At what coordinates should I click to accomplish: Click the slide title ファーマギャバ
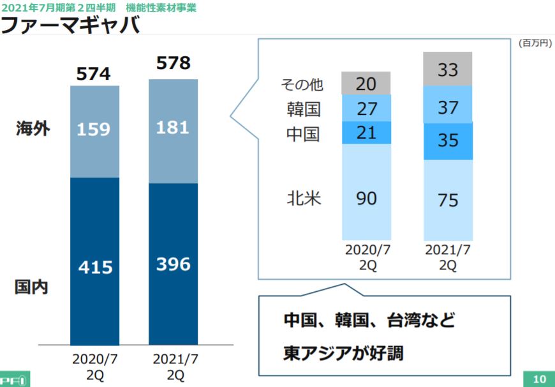coord(70,26)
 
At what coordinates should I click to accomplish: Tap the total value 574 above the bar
coord(93,74)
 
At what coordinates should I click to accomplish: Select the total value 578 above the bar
coord(173,63)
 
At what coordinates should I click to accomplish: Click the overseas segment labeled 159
coord(94,130)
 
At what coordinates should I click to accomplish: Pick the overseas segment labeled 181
coord(173,128)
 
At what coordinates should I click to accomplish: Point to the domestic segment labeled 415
coord(94,267)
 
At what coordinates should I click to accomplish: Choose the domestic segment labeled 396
coord(173,263)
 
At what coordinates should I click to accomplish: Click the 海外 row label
coord(33,129)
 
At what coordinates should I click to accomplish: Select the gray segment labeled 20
coord(366,83)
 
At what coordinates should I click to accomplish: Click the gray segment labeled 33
coord(448,68)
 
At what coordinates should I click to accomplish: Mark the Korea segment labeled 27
coord(366,108)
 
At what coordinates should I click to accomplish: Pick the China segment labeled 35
coord(448,140)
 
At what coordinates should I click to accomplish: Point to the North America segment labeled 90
coord(366,198)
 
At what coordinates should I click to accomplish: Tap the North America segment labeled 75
coord(448,200)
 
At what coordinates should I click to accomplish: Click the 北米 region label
coord(303,198)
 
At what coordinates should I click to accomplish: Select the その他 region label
coord(302,84)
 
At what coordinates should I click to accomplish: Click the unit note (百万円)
coord(535,43)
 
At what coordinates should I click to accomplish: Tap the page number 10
coord(539,379)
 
